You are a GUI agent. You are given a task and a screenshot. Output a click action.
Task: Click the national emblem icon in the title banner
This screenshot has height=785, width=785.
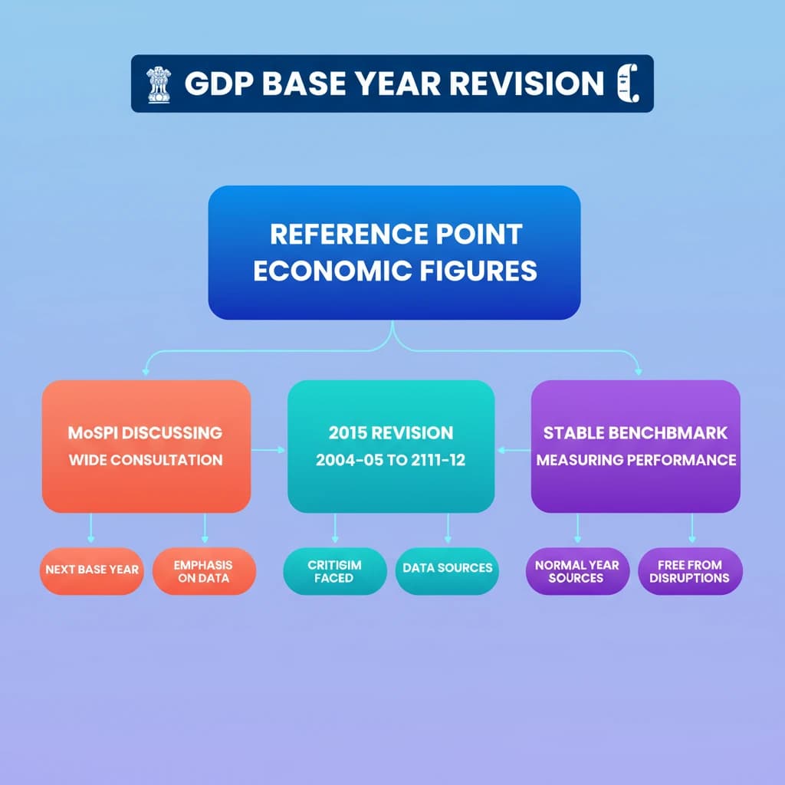[x=159, y=84]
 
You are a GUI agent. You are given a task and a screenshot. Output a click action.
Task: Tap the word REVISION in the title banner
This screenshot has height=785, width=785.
[x=527, y=84]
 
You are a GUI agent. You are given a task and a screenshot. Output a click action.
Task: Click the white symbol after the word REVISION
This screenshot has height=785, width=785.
[x=627, y=84]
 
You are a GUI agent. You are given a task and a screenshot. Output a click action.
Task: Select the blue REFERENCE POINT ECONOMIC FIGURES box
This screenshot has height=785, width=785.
[x=394, y=252]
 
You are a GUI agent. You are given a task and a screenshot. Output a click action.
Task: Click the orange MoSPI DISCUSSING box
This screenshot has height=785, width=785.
[x=146, y=446]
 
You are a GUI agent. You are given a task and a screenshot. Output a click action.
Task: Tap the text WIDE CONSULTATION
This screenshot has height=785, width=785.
[x=146, y=460]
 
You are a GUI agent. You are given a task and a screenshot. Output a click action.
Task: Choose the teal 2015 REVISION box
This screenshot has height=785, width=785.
[x=391, y=446]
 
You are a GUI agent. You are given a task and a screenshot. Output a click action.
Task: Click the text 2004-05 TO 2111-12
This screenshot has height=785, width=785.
[x=391, y=461]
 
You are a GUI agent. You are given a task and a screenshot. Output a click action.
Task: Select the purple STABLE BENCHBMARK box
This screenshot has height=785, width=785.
[x=636, y=446]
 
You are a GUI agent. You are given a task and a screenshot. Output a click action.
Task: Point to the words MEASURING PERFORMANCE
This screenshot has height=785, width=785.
[x=636, y=460]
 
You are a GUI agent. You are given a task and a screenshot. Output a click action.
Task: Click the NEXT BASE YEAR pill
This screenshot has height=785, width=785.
[x=92, y=570]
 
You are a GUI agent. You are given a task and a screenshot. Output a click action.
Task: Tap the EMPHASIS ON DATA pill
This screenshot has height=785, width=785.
[x=203, y=571]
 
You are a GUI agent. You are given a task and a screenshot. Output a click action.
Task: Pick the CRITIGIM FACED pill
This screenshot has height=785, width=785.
[x=334, y=571]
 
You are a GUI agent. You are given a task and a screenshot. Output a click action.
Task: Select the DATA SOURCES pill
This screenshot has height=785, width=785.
[x=448, y=568]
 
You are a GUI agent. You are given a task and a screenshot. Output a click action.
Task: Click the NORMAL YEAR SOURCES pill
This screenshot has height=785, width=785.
[x=576, y=571]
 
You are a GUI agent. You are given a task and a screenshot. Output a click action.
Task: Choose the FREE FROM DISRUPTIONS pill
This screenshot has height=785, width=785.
[x=690, y=571]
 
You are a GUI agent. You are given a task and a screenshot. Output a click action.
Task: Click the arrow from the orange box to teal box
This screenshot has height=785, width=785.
[x=269, y=450]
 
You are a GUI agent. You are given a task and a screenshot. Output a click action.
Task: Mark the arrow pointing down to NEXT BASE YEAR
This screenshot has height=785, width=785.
[x=91, y=528]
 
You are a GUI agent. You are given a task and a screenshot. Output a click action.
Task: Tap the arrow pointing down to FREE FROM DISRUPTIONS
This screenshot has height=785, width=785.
[x=692, y=528]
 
